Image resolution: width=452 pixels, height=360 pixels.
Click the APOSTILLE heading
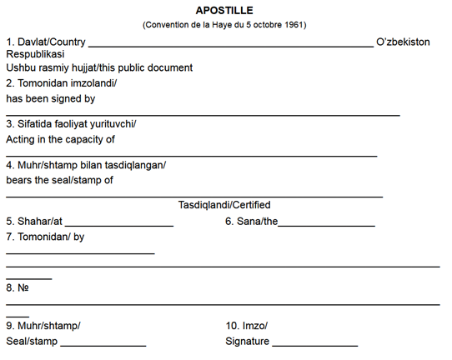pos(224,12)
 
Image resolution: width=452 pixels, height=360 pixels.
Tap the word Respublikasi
pos(35,54)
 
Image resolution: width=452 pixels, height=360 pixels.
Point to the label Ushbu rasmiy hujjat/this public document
pos(99,67)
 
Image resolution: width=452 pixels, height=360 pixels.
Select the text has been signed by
pos(50,98)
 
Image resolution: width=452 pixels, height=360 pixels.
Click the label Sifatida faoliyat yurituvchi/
pos(71,124)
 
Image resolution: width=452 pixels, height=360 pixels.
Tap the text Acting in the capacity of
pos(60,139)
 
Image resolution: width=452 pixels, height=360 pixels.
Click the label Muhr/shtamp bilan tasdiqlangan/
pos(86,165)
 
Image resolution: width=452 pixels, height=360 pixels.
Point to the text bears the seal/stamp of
pos(59,179)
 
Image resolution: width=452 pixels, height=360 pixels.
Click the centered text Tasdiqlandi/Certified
pos(224,205)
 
